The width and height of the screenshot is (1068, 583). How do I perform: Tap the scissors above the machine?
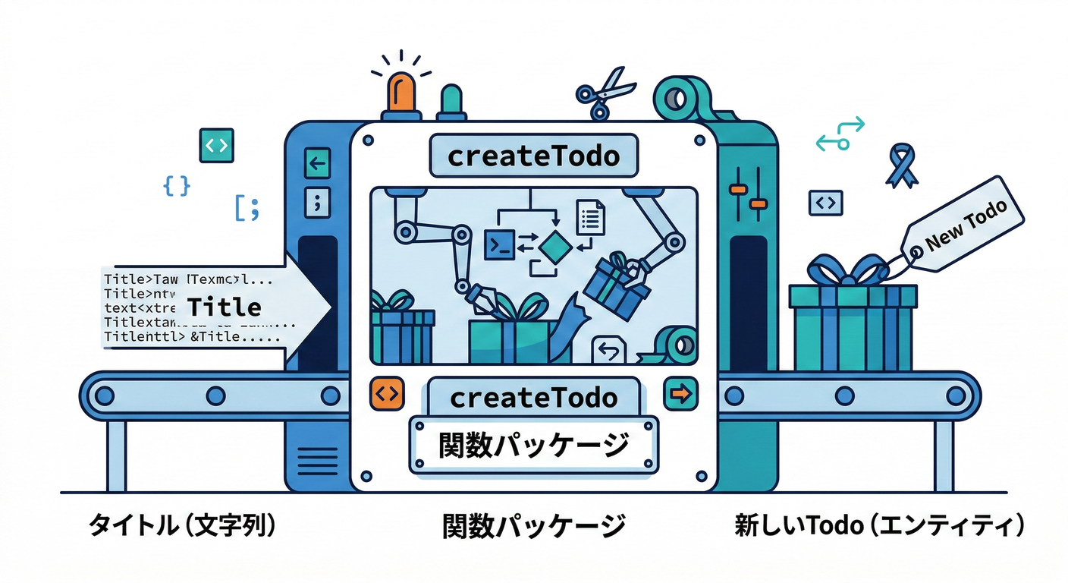[x=604, y=93]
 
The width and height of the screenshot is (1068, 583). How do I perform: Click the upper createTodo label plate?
[x=533, y=156]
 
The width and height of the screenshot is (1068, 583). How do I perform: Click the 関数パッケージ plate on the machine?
[x=533, y=445]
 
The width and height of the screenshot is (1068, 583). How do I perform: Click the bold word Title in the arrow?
[x=224, y=307]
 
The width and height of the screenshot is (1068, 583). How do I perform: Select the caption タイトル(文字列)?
[x=182, y=525]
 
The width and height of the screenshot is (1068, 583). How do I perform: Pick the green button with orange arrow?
[x=680, y=393]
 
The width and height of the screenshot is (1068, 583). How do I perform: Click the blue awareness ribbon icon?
[x=901, y=167]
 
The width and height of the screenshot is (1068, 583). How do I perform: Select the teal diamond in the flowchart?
[x=555, y=245]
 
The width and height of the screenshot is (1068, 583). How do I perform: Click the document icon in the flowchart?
[x=590, y=217]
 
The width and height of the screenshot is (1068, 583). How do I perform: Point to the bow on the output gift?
[x=848, y=270]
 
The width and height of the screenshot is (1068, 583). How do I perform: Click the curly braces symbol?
[x=177, y=186]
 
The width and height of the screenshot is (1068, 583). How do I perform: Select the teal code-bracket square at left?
[x=216, y=145]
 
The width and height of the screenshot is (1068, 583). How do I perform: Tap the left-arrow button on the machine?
[x=317, y=162]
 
